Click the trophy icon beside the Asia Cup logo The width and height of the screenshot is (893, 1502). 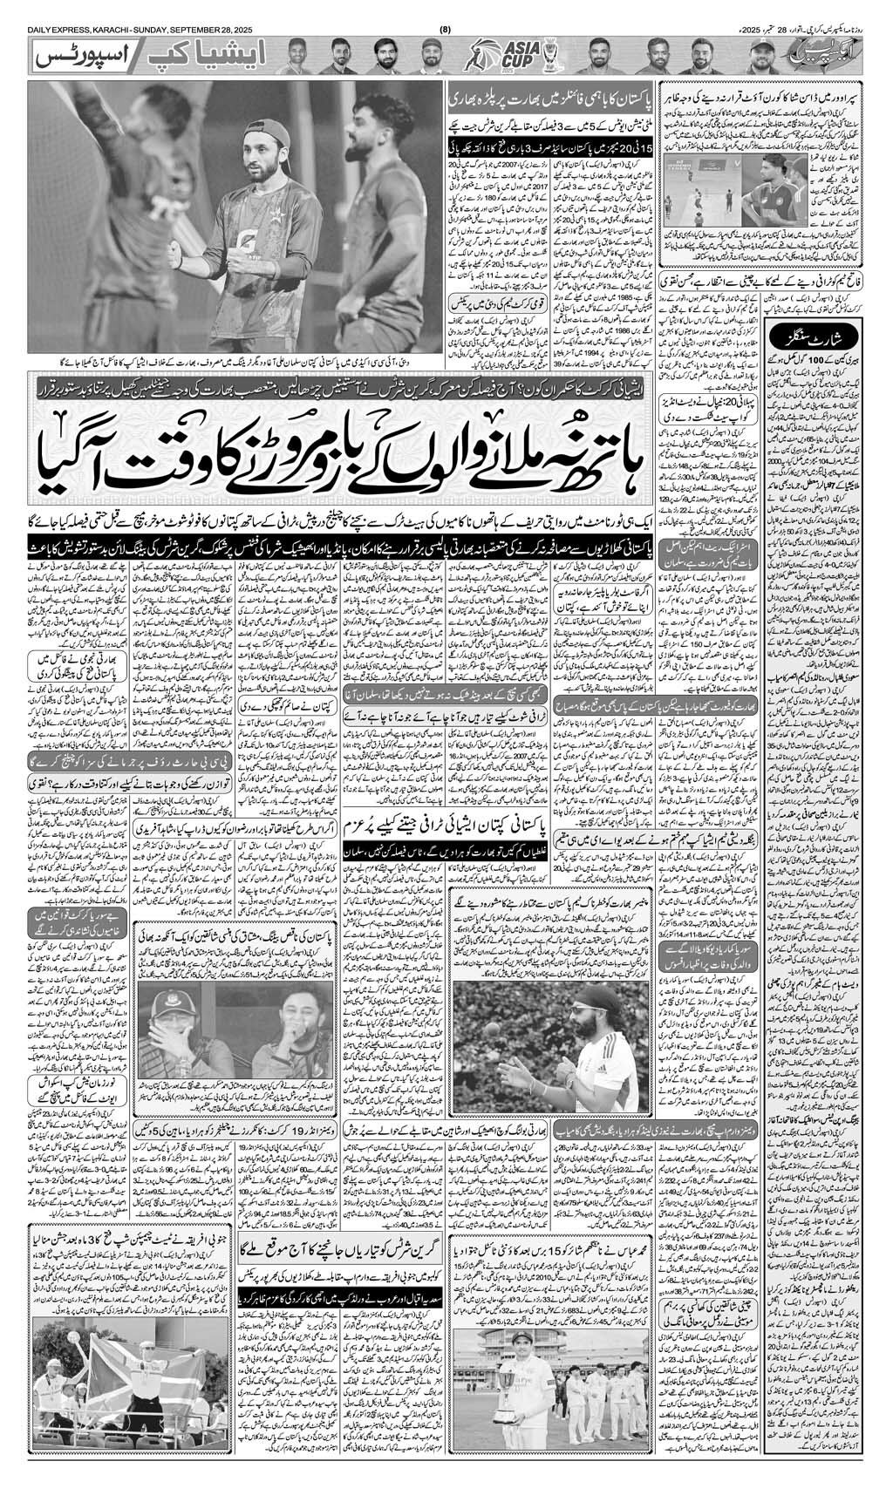tap(550, 57)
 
